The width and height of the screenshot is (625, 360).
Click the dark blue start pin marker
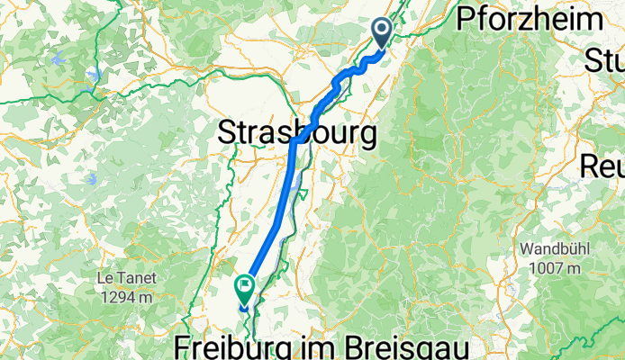pyautogui.click(x=382, y=32)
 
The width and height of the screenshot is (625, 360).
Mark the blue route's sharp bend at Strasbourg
pyautogui.click(x=294, y=141)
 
